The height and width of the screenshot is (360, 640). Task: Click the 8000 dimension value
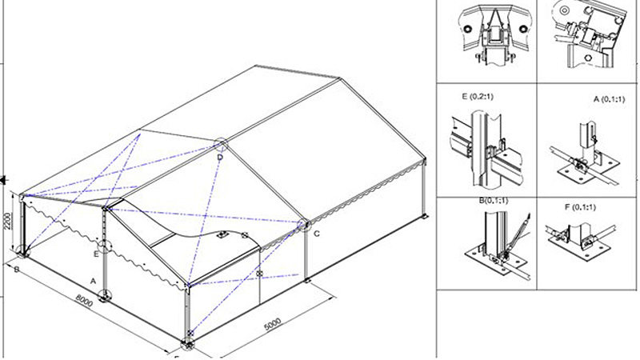click(85, 301)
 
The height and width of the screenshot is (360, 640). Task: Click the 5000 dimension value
click(273, 324)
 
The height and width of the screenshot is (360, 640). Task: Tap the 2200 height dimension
click(9, 221)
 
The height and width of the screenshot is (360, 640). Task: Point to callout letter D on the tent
click(221, 158)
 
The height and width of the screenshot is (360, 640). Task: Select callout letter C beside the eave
click(317, 234)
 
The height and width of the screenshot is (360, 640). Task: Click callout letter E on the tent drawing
click(96, 254)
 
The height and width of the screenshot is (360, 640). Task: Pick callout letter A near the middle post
click(93, 282)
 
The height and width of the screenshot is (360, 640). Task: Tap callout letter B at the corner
click(17, 270)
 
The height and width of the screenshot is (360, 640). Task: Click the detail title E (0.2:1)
click(478, 97)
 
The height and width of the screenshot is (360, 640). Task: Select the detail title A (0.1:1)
click(609, 98)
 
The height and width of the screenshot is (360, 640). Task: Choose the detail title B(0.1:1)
click(494, 201)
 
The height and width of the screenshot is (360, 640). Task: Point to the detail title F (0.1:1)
click(580, 207)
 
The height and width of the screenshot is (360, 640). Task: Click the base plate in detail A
click(589, 170)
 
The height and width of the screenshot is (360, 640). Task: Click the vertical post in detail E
click(486, 152)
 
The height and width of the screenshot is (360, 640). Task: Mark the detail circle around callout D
click(221, 145)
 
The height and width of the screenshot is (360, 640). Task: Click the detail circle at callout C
click(304, 226)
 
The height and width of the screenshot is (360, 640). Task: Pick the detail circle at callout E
click(106, 247)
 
